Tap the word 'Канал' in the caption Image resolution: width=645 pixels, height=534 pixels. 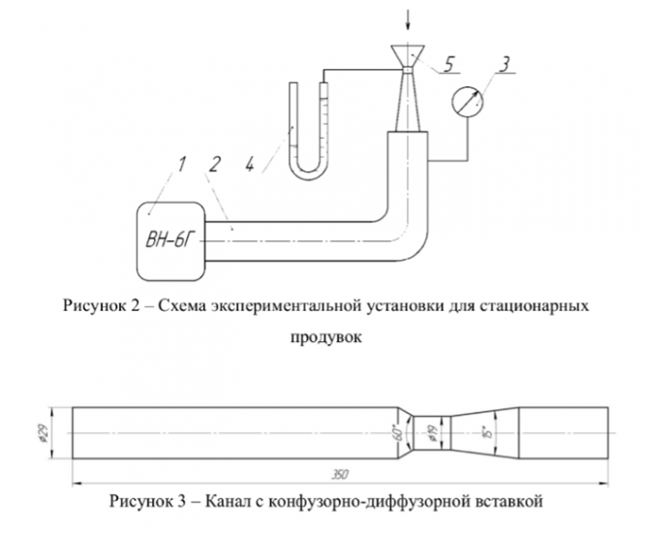249,502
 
